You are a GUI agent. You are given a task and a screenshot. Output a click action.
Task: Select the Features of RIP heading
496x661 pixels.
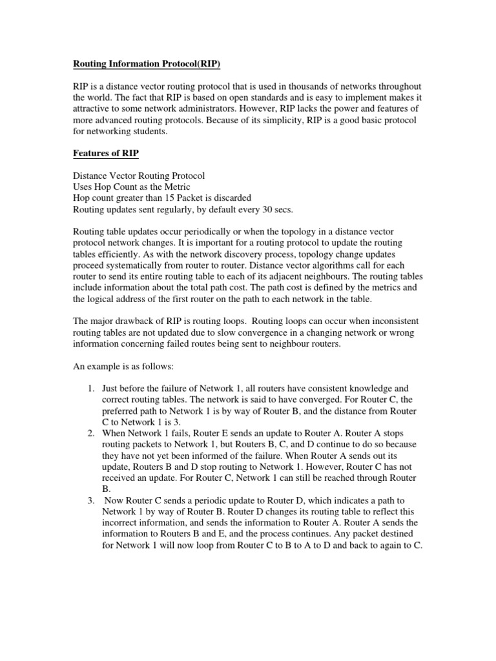click(106, 153)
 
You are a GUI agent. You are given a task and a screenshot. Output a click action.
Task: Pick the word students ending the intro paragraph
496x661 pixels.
click(147, 131)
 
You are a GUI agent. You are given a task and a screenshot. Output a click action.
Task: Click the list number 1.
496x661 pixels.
click(90, 388)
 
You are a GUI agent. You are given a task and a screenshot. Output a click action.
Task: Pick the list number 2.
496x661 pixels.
click(90, 433)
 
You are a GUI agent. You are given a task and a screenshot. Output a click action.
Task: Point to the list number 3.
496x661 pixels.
click(90, 500)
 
